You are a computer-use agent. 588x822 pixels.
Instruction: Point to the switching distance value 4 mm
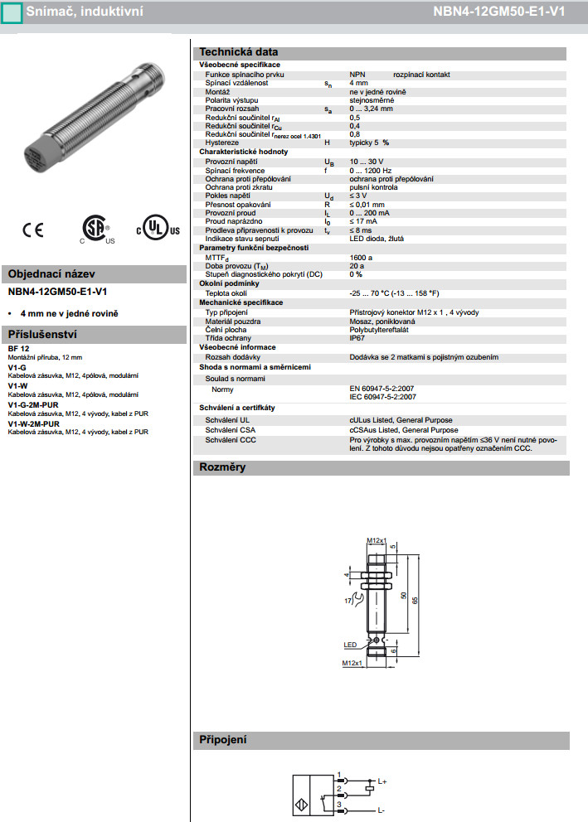[x=358, y=84]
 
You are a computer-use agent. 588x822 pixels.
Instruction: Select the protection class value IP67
[x=357, y=338]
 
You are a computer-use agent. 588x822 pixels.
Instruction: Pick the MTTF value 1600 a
[x=362, y=257]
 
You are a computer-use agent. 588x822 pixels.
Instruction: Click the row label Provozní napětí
[x=231, y=162]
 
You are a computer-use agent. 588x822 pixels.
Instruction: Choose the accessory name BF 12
[x=19, y=348]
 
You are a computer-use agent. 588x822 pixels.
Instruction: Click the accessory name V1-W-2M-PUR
[x=34, y=423]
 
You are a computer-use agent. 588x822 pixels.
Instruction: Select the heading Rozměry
[x=222, y=467]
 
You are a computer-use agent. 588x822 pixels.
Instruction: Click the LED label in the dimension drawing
[x=349, y=643]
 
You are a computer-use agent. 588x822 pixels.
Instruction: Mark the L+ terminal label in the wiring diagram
[x=382, y=781]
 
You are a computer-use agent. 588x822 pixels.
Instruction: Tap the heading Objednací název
[x=51, y=274]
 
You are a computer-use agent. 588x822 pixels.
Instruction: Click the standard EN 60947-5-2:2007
[x=382, y=388]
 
